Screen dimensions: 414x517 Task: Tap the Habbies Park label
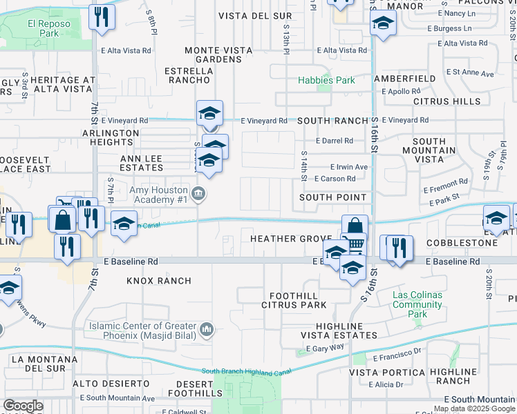coord(326,80)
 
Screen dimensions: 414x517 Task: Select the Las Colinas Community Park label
coord(417,304)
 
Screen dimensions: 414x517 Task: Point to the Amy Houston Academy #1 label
coord(159,194)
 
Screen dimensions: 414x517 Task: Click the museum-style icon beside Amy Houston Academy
coord(199,193)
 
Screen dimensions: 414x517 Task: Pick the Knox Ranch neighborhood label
coord(158,281)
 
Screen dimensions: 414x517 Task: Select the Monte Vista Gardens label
coord(214,55)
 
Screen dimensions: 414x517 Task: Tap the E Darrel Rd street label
coord(335,141)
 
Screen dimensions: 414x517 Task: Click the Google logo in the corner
coord(23,406)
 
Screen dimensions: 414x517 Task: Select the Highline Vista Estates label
coord(346,331)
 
